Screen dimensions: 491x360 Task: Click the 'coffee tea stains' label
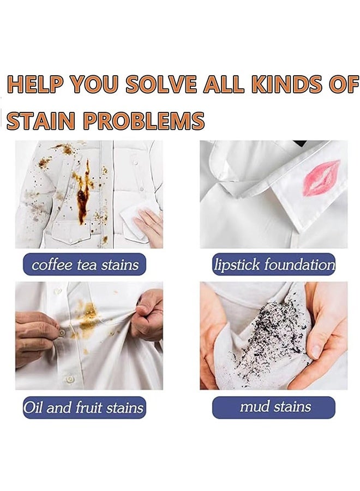click(x=85, y=265)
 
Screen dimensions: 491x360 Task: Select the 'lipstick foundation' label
click(x=274, y=265)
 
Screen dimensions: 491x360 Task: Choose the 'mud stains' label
click(x=274, y=407)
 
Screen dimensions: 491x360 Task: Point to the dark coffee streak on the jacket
click(x=82, y=196)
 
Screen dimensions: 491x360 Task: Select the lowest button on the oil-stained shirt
click(x=69, y=379)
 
